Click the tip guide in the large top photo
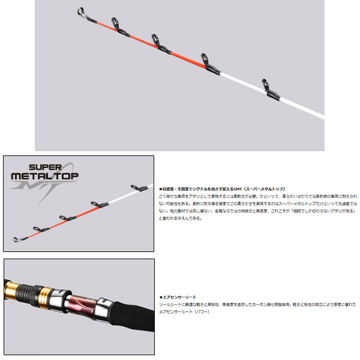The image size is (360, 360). point(80,12)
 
